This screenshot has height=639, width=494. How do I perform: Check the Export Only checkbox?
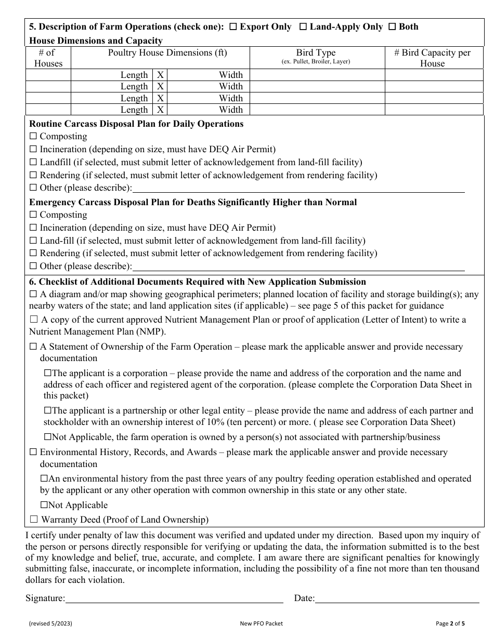pos(233,27)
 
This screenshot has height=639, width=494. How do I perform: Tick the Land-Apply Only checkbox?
pos(303,27)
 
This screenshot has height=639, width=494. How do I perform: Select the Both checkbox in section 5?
pos(393,27)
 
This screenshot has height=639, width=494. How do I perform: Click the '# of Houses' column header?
pos(48,58)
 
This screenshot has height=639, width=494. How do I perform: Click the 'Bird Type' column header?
pos(316,53)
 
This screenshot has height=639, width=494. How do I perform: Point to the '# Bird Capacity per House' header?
pos(432,58)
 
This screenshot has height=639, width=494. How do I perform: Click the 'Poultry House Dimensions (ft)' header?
pos(167,52)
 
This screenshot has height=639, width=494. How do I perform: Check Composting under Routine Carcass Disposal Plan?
pos(33,137)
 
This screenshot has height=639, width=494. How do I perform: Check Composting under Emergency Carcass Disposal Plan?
pos(33,215)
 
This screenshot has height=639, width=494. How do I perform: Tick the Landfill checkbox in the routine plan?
pos(33,163)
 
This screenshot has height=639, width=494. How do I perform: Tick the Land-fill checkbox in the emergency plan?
pos(33,241)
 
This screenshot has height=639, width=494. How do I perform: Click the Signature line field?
pos(174,598)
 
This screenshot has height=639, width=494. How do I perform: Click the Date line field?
pos(397,598)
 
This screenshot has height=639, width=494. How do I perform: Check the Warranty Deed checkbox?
pos(34,520)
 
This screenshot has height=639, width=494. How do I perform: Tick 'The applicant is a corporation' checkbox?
pos(48,373)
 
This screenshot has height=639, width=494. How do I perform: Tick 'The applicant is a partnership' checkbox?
pos(48,411)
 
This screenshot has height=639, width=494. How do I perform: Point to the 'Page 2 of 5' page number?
pos(453,623)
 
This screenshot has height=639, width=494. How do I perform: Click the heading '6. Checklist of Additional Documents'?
pos(198,282)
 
